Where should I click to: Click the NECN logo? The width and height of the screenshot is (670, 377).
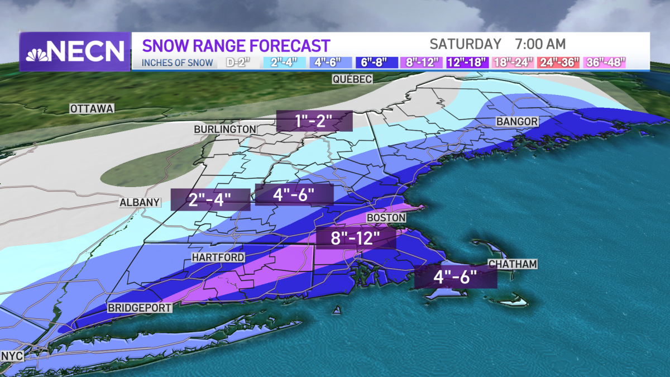coord(74,51)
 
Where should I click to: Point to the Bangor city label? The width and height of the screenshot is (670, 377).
coord(517,122)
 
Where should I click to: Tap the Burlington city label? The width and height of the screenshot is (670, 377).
coord(225,130)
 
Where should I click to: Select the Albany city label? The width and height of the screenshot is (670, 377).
coord(140,202)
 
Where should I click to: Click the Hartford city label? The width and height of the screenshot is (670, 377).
coord(218,257)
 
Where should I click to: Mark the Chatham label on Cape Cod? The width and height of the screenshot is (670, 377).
coord(512,264)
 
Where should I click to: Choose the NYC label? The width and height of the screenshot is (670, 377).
coord(12,356)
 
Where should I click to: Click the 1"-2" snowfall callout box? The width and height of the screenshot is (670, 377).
coord(315,121)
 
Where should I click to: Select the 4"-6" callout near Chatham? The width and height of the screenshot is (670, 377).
coord(455,278)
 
